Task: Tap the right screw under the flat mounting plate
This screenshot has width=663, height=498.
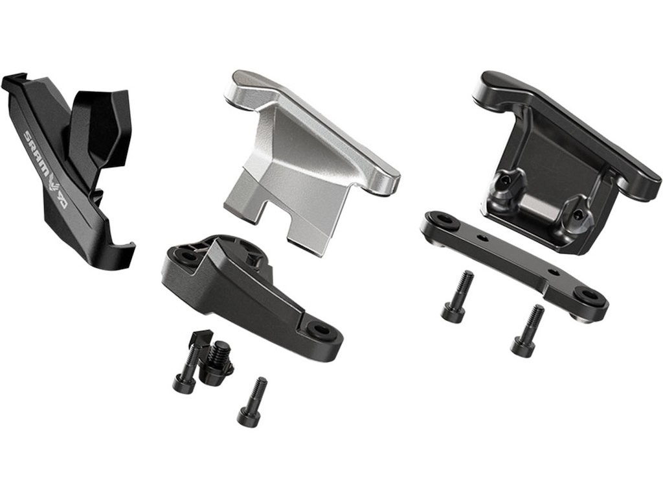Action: [527, 330]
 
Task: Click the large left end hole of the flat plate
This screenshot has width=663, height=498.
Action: [439, 220]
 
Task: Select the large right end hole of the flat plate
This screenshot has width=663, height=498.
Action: [588, 297]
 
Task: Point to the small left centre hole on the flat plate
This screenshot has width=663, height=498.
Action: [480, 239]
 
